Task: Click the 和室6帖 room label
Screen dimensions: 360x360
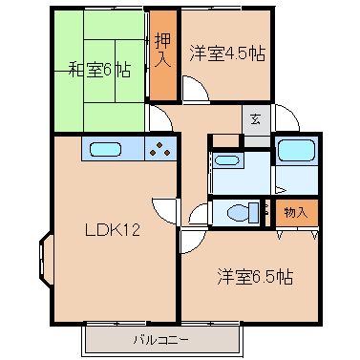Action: [100, 70]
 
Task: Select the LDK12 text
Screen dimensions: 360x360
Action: [113, 230]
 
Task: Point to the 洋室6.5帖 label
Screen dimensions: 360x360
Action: [255, 277]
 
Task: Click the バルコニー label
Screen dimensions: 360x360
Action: [161, 340]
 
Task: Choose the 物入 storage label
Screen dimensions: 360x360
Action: [296, 213]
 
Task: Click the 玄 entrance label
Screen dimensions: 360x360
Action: [256, 120]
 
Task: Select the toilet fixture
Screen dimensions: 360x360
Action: [244, 213]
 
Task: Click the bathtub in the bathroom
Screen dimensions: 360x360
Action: [297, 150]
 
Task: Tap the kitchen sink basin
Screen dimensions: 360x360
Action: [106, 149]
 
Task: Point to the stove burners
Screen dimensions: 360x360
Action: [160, 149]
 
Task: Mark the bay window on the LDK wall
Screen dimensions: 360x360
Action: [45, 260]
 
